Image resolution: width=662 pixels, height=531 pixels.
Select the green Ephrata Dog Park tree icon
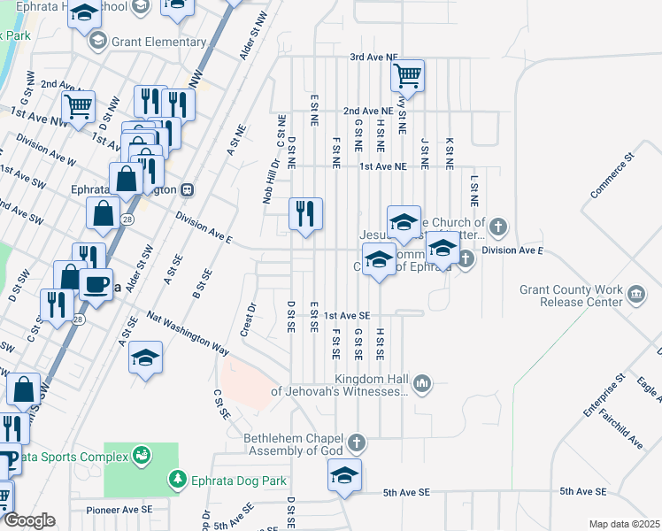(x=177, y=479)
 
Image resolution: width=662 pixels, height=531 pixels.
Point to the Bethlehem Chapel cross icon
(x=356, y=442)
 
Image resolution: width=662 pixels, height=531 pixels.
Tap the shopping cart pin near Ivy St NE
(x=407, y=77)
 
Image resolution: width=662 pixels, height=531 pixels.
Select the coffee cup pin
(x=96, y=286)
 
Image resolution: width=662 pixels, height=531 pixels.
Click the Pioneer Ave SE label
(x=119, y=510)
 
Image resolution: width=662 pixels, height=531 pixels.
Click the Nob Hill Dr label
(x=270, y=182)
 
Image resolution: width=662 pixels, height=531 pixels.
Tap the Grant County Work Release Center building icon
(x=635, y=293)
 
